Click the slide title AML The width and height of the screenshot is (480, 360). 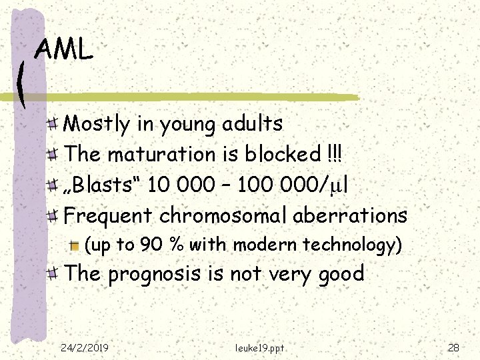pyautogui.click(x=64, y=49)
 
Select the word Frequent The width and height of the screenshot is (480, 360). pyautogui.click(x=108, y=215)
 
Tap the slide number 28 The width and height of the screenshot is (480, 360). pyautogui.click(x=454, y=347)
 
